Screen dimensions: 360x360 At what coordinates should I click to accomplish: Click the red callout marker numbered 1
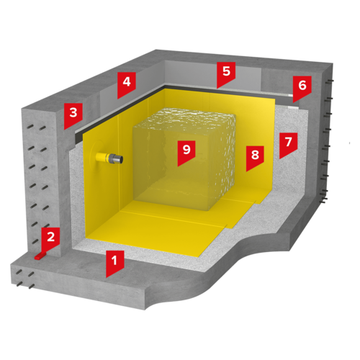115,262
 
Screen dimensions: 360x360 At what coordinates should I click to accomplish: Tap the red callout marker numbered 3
73,114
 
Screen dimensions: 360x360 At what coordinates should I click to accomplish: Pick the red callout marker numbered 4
127,84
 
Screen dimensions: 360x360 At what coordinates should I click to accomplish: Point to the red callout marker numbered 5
226,73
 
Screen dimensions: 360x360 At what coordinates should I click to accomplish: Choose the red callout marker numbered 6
302,88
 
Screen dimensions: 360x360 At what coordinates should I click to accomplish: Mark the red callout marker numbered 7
289,144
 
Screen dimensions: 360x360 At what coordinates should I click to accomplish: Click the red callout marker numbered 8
255,157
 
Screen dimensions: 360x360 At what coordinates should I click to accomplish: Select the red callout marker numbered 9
186,152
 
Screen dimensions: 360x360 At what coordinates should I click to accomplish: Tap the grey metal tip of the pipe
118,158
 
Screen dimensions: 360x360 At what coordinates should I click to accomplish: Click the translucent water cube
184,159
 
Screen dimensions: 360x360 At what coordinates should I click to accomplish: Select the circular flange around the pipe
96,157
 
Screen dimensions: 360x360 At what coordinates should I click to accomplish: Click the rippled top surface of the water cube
185,119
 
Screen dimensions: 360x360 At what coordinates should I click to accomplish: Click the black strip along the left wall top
120,110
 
